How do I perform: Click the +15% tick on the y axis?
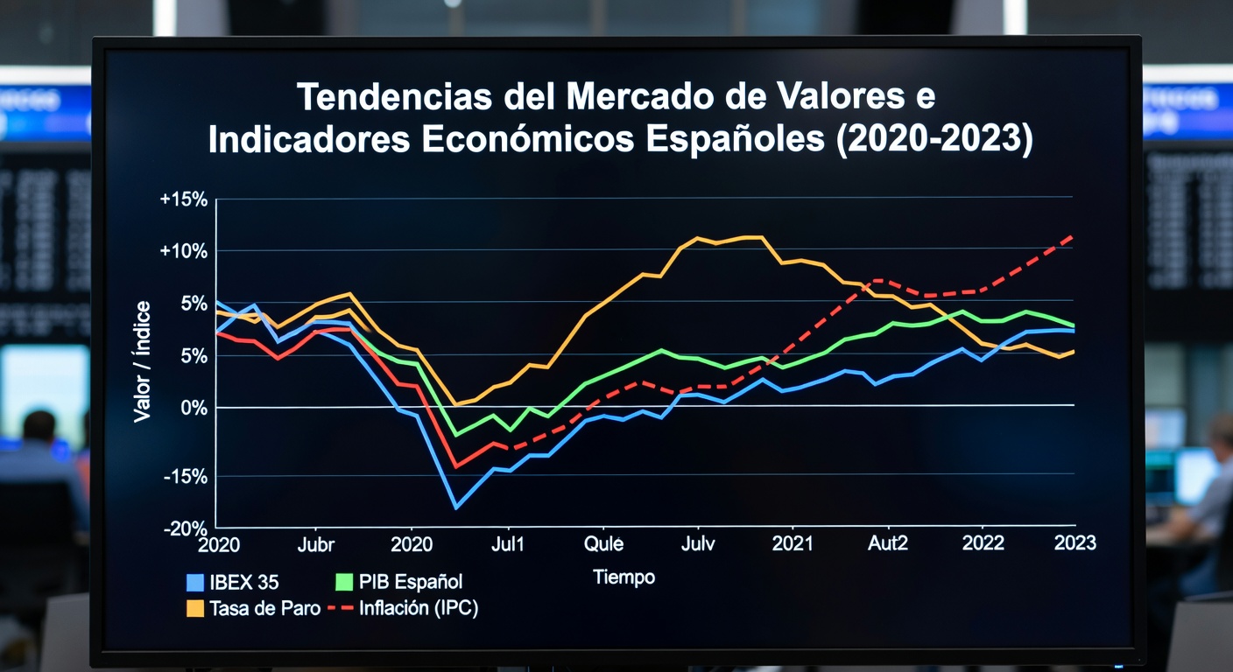(x=184, y=199)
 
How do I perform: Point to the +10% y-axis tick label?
(x=184, y=251)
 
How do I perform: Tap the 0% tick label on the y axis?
(x=194, y=408)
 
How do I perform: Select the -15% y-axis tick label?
(x=185, y=477)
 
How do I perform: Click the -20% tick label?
(x=185, y=528)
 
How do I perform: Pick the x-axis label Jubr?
(x=316, y=544)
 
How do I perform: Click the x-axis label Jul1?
(x=507, y=544)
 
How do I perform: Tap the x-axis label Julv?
(x=698, y=544)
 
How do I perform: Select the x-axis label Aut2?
(x=887, y=544)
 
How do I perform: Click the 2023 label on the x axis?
(x=1074, y=543)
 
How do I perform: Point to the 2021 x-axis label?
(x=793, y=544)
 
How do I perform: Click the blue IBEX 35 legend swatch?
(x=196, y=582)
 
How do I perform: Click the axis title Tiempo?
(x=624, y=577)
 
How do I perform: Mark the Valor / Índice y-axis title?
(x=143, y=361)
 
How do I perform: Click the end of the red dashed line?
(x=1073, y=235)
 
